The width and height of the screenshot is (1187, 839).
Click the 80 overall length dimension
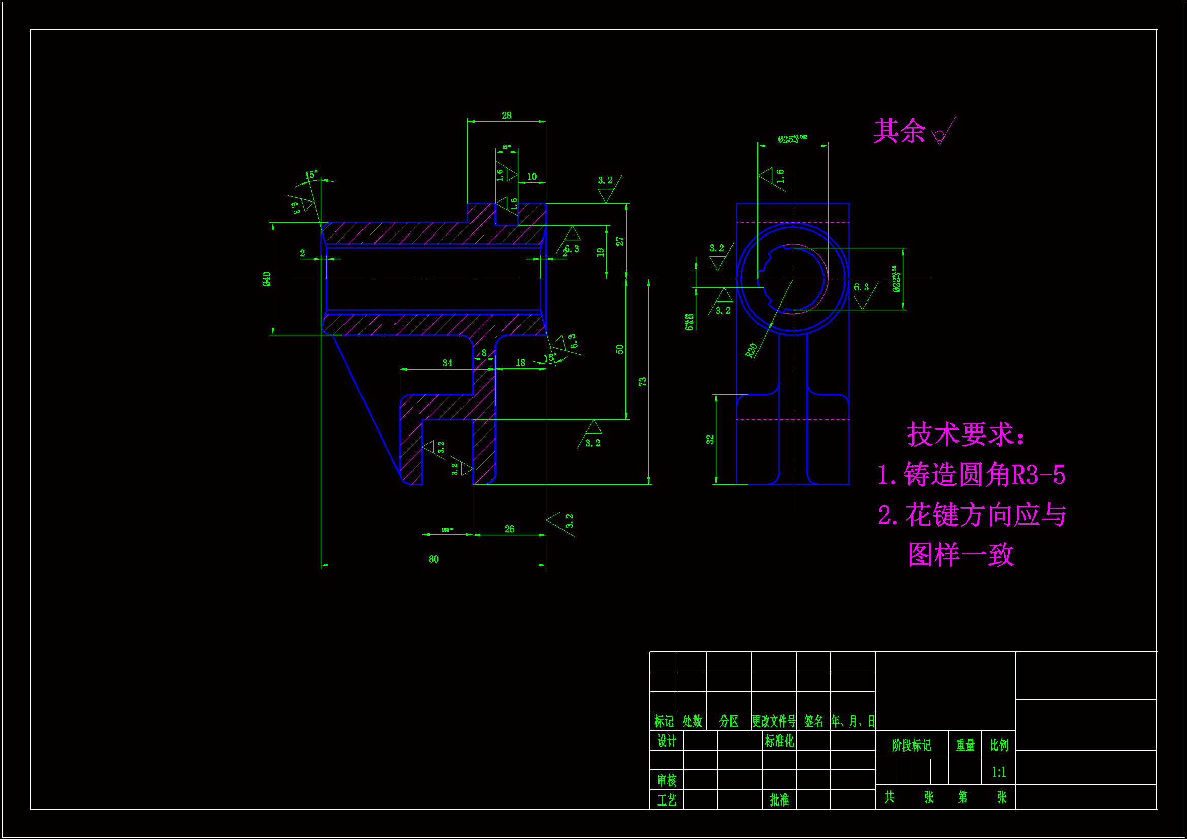433,559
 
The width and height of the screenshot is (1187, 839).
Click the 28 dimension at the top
506,115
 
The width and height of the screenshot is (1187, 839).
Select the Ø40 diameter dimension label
267,279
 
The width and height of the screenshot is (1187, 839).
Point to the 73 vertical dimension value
642,382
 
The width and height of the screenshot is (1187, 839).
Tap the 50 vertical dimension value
620,349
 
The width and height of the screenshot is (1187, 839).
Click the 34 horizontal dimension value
447,363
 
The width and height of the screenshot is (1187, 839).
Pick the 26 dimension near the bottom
509,529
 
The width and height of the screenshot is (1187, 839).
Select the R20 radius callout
752,350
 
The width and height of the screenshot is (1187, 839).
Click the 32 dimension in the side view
710,440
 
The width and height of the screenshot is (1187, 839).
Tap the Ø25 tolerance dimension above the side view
792,139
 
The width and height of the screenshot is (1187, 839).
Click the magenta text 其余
899,131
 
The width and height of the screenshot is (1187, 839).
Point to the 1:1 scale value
999,773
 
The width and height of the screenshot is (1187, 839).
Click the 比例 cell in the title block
999,745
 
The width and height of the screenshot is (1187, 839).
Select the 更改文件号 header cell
773,721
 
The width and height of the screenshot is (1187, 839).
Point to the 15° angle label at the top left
311,175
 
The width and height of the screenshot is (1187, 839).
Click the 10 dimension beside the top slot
532,177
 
